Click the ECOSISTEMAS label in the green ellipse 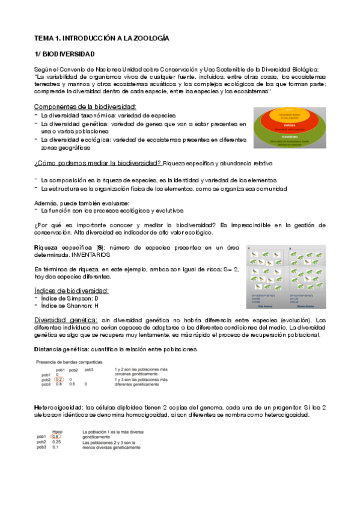coord(289,137)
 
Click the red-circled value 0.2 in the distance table coord(59,379)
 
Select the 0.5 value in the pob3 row coord(71,384)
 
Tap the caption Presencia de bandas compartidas coord(69,362)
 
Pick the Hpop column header coord(58,431)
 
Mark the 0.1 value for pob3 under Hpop coord(55,447)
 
